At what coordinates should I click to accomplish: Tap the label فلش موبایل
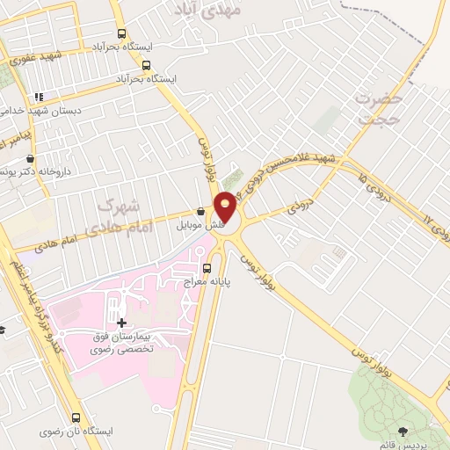click(207, 225)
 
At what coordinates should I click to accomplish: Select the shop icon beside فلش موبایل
click(201, 212)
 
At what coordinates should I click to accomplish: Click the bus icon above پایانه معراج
click(207, 268)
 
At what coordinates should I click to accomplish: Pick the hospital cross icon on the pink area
click(121, 323)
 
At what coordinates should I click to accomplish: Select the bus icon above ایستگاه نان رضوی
click(76, 418)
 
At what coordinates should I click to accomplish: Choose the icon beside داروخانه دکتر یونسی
click(32, 158)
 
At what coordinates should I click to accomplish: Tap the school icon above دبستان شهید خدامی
click(39, 98)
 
